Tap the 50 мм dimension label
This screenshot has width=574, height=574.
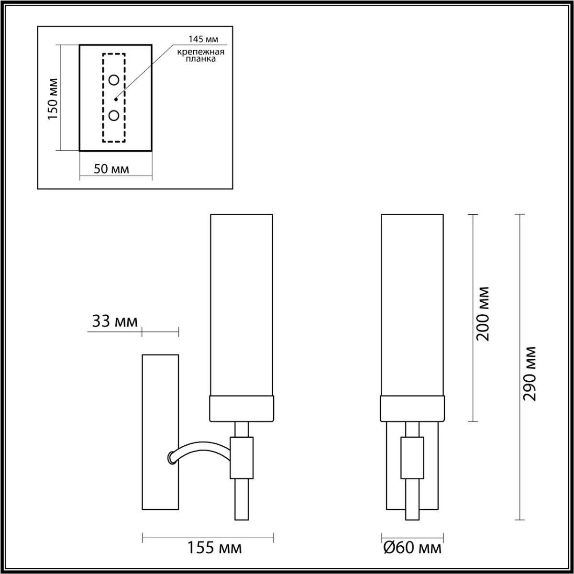(111, 169)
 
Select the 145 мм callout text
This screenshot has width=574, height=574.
(202, 40)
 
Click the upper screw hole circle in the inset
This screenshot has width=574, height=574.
(114, 80)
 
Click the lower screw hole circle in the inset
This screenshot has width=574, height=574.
(114, 115)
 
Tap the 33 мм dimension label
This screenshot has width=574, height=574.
(114, 321)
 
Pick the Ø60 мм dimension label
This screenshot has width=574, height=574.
(412, 548)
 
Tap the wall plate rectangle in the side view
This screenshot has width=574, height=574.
(160, 430)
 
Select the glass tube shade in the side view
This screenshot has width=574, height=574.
(242, 306)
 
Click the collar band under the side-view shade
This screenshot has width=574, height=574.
(242, 408)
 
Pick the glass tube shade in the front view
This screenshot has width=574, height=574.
(412, 306)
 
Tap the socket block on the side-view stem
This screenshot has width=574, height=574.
(242, 457)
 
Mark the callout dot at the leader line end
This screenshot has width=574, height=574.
(116, 99)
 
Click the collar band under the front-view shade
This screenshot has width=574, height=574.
(412, 408)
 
